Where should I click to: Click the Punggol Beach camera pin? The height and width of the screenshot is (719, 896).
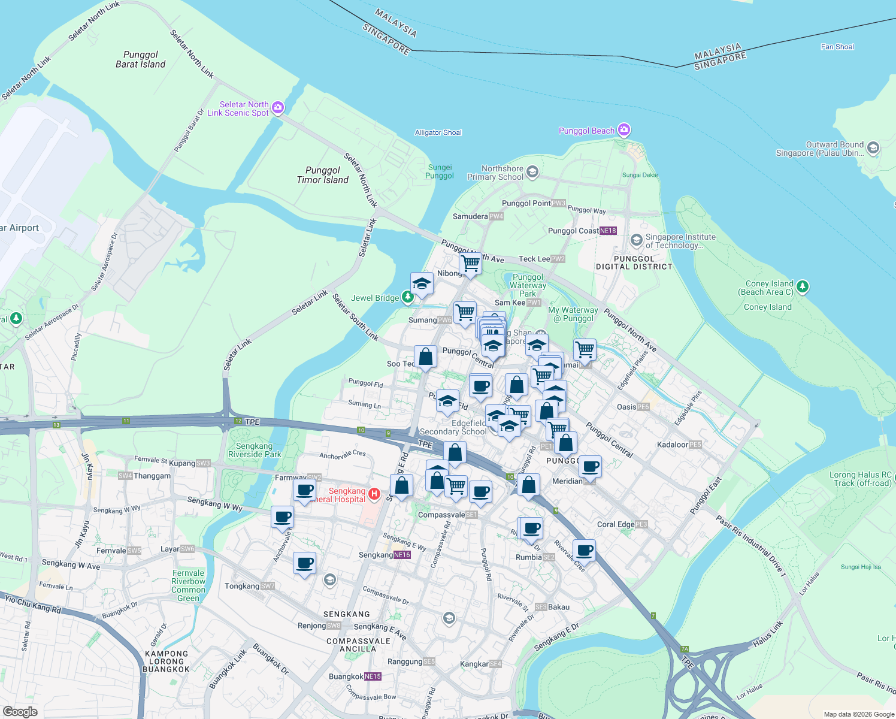[x=624, y=130]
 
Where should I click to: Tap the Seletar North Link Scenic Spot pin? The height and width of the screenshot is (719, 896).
[x=277, y=108]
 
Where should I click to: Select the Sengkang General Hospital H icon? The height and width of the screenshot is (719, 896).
[x=374, y=494]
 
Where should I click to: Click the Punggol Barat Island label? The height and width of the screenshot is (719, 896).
[x=140, y=59]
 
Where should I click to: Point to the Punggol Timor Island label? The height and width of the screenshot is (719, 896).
[x=322, y=175]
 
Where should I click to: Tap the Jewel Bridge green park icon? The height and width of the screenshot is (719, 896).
[x=407, y=297]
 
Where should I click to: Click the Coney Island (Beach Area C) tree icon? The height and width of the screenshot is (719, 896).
[x=803, y=287]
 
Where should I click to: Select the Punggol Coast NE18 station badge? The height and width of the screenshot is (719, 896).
[x=607, y=231]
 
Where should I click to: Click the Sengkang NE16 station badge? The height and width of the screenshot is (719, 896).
[x=402, y=555]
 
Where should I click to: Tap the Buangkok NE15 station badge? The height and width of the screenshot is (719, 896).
[x=373, y=676]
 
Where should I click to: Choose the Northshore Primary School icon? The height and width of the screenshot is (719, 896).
[x=532, y=173]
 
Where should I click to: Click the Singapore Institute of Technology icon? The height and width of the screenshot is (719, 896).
[x=636, y=240]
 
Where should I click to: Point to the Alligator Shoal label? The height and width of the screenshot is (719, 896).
[x=438, y=132]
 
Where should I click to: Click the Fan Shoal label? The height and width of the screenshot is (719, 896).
[x=837, y=47]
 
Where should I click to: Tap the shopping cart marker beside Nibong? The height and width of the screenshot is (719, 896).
[x=470, y=263]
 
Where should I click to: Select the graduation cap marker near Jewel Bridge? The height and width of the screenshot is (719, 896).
[x=422, y=283]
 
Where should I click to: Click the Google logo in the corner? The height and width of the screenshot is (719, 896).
[x=20, y=711]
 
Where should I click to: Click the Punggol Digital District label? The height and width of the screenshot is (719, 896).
[x=634, y=263]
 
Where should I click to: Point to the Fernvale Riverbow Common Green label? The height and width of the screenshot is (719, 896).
[x=188, y=585]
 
